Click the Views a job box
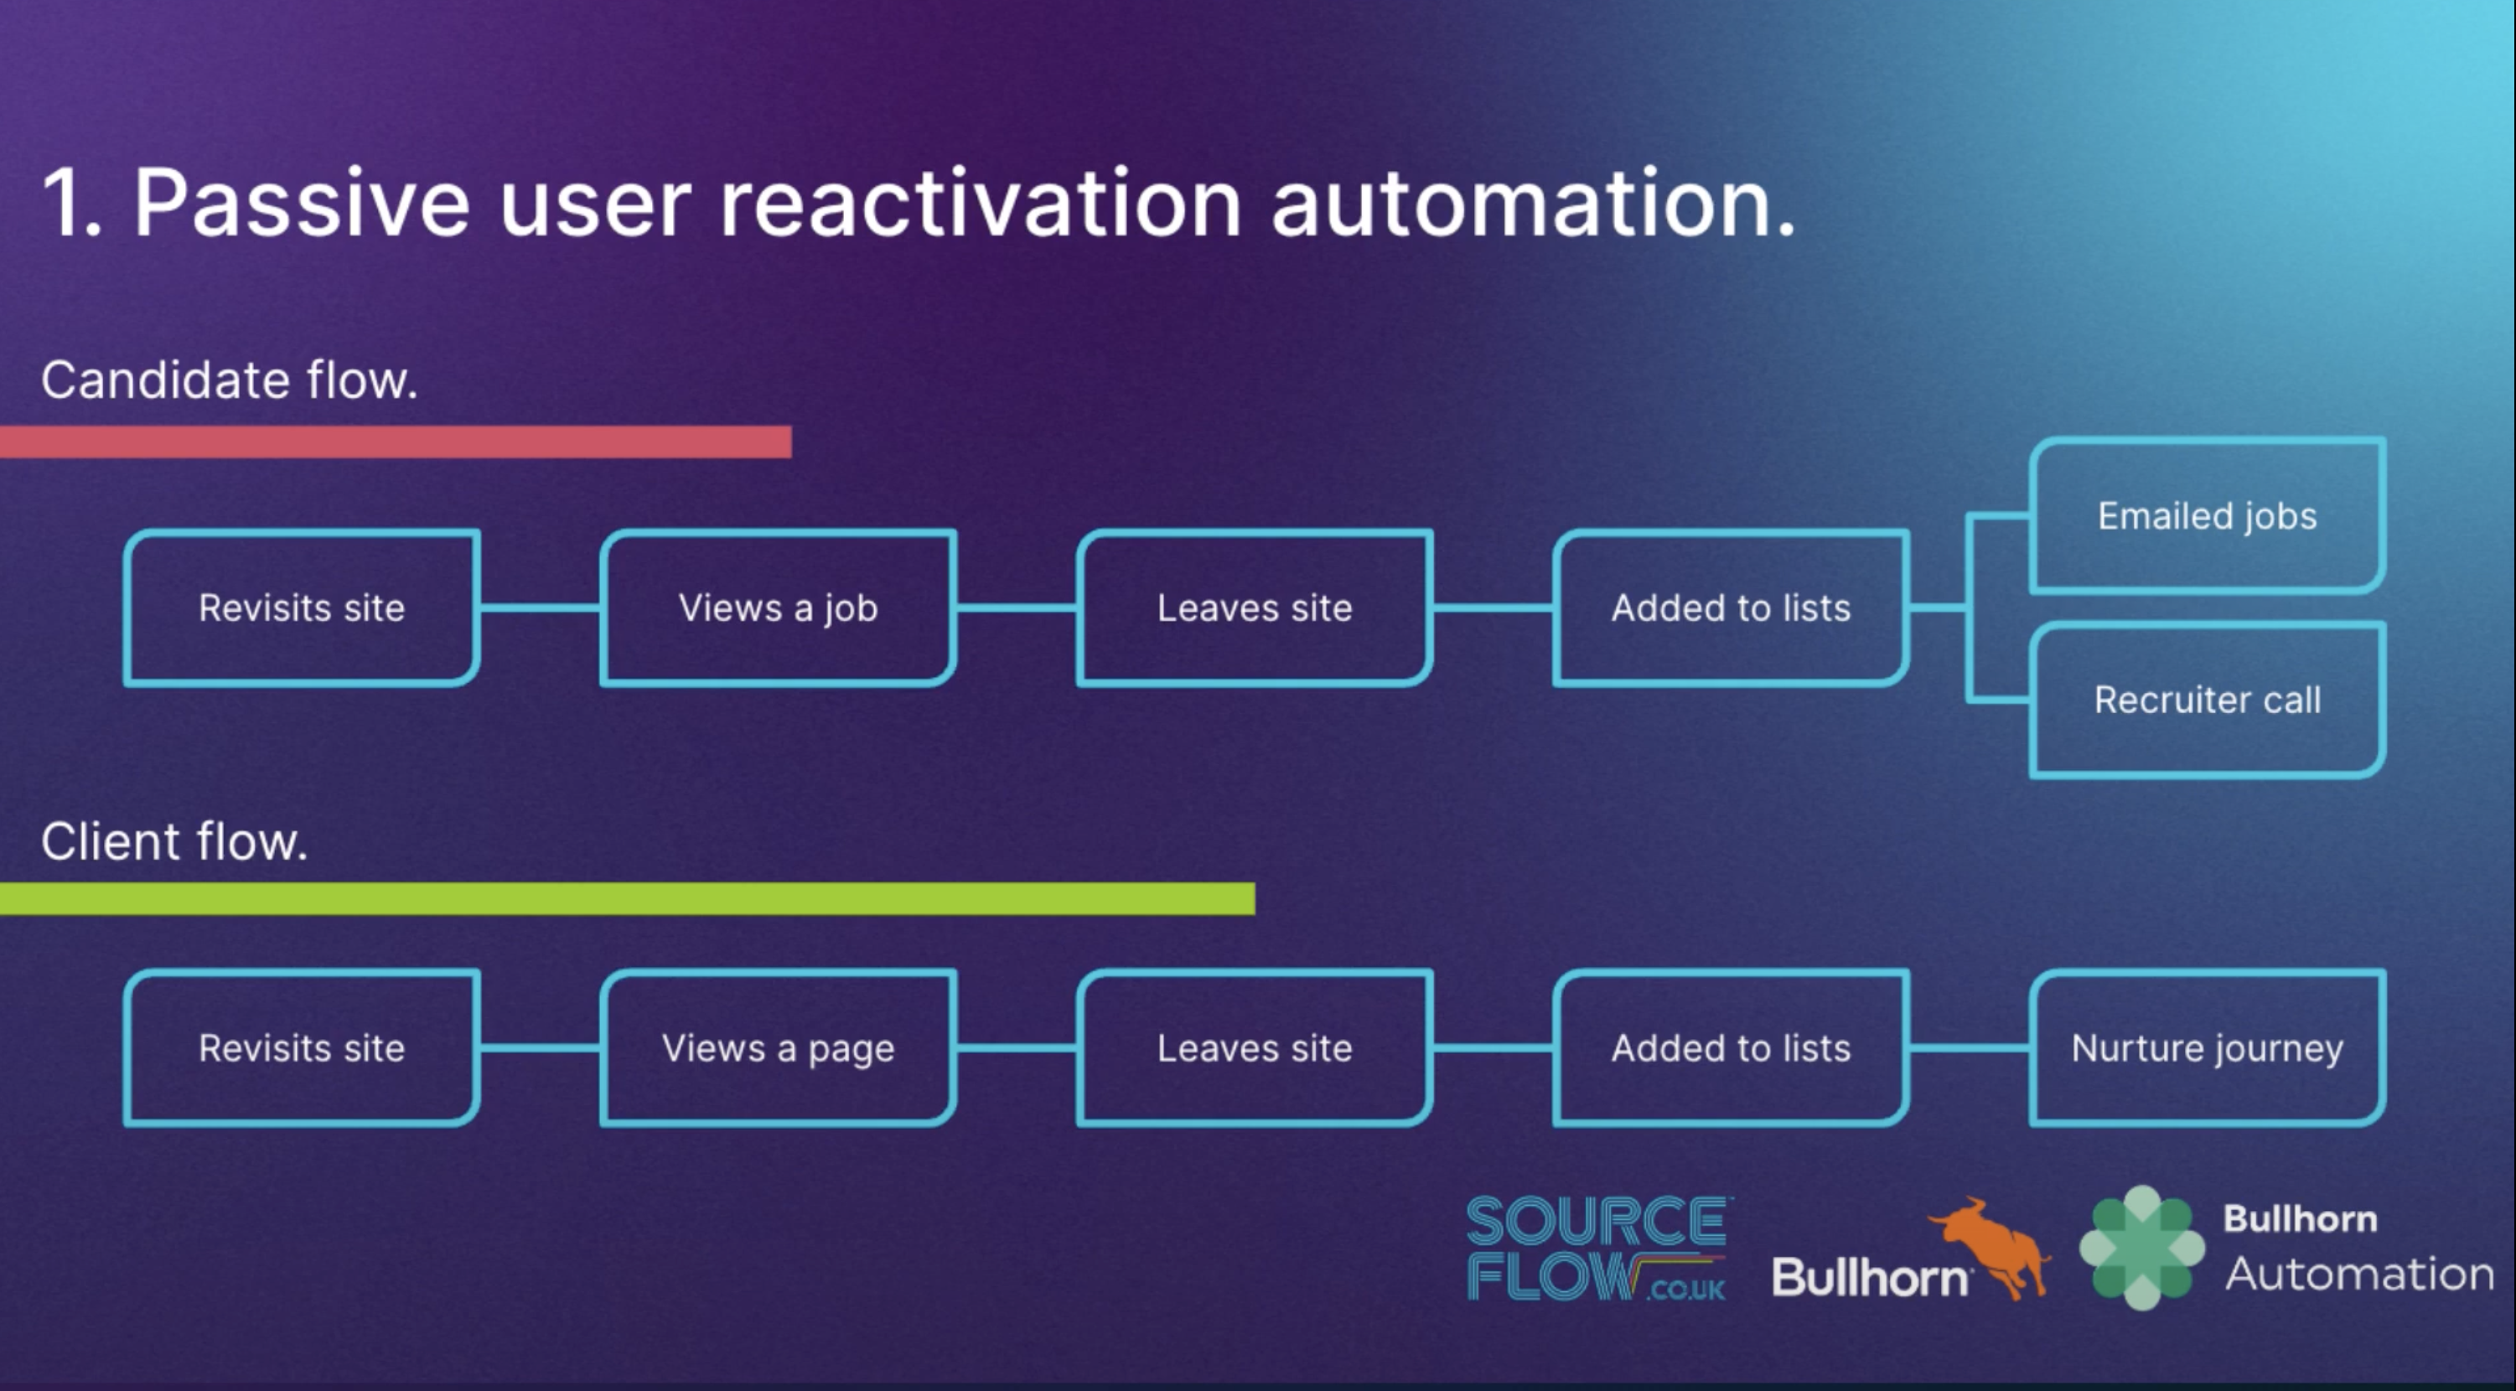coord(778,608)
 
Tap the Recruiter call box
coord(2207,700)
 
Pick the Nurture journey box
coord(2207,1048)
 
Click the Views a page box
coord(778,1048)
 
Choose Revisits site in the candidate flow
coord(302,608)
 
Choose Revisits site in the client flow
coord(302,1048)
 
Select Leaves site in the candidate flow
coord(1254,608)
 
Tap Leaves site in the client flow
coord(1254,1048)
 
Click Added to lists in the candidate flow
coord(1731,608)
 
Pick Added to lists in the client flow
coord(1731,1048)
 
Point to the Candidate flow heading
coord(230,380)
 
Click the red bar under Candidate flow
coord(396,442)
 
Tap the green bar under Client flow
coord(627,898)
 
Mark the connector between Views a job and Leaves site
coord(1016,608)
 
